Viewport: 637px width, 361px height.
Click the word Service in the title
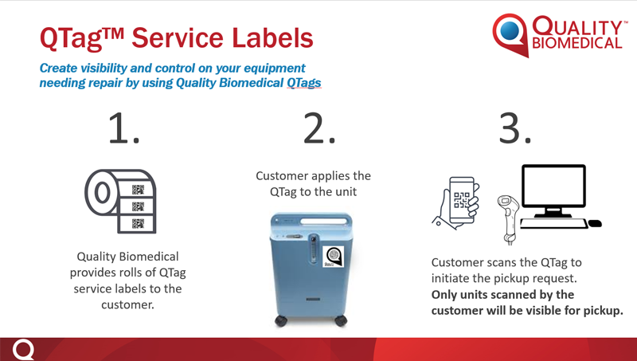click(x=177, y=37)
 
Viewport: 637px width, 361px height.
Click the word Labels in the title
click(x=272, y=37)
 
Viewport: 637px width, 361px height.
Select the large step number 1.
click(x=123, y=128)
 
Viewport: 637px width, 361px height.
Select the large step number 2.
click(x=319, y=128)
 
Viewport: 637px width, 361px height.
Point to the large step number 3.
click(x=514, y=128)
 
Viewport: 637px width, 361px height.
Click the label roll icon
click(x=121, y=202)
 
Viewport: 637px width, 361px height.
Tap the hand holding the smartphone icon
click(x=456, y=202)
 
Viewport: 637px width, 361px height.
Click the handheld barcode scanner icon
click(x=508, y=219)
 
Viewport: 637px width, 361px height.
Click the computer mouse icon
click(x=595, y=223)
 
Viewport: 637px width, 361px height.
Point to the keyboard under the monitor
click(x=553, y=224)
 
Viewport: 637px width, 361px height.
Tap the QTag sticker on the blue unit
click(x=333, y=257)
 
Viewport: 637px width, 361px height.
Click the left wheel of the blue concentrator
click(x=281, y=320)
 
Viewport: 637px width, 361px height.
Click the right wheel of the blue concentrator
click(x=341, y=320)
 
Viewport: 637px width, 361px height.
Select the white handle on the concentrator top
click(x=324, y=222)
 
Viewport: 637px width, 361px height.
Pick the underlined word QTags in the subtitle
click(x=304, y=83)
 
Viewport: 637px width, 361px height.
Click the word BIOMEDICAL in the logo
click(x=576, y=43)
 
